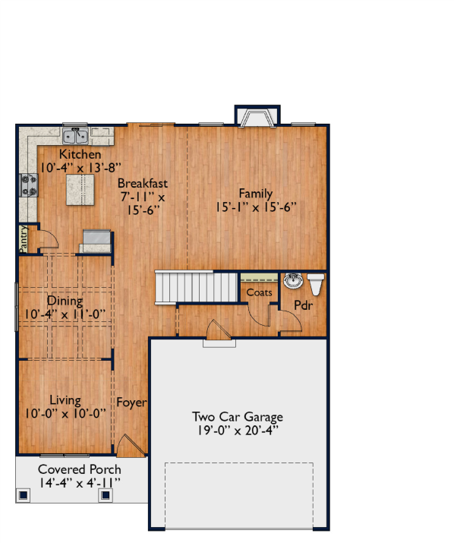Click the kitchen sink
point(75,136)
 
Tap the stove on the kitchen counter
point(29,185)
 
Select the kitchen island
point(80,189)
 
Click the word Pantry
point(24,239)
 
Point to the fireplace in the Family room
point(257,115)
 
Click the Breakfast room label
point(142,183)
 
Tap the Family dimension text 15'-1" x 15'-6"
point(256,207)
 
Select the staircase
point(196,287)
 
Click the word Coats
point(259,292)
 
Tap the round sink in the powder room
point(293,280)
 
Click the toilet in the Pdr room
point(316,284)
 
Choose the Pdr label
point(304,305)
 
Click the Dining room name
point(65,301)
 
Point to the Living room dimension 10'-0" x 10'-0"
point(65,413)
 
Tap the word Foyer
point(131,403)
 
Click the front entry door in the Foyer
point(130,445)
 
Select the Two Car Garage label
point(238,417)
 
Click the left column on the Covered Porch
point(24,495)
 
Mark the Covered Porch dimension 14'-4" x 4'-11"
point(79,483)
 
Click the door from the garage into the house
point(218,330)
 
